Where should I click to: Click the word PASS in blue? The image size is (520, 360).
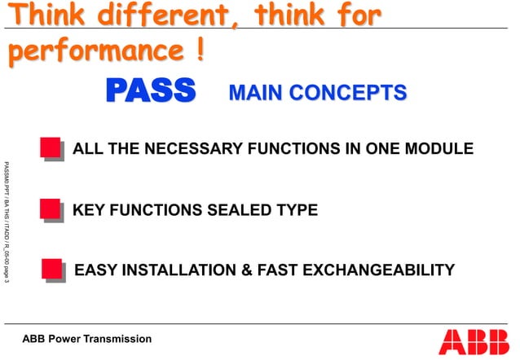click(x=150, y=92)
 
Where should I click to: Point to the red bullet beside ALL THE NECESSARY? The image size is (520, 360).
click(x=51, y=148)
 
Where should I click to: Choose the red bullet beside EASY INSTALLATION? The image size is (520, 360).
click(x=51, y=269)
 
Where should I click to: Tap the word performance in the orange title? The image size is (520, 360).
click(x=95, y=50)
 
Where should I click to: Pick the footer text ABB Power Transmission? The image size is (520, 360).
click(x=86, y=339)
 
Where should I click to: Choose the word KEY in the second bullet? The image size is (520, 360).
click(x=88, y=210)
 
